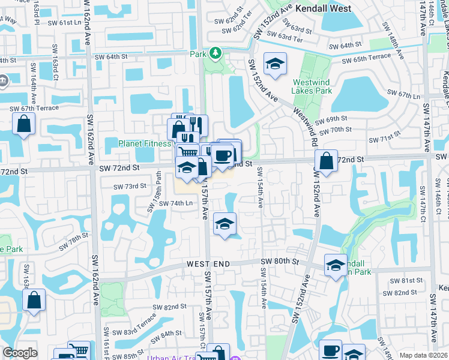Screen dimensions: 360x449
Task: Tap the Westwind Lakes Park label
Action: pyautogui.click(x=312, y=86)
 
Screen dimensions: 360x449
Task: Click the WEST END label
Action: pyautogui.click(x=208, y=264)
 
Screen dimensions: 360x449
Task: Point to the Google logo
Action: pyautogui.click(x=20, y=353)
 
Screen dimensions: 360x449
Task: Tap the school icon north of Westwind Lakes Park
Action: pyautogui.click(x=275, y=64)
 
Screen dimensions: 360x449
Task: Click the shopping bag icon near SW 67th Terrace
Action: pyautogui.click(x=23, y=124)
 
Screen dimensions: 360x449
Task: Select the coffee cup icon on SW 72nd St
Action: pyautogui.click(x=222, y=155)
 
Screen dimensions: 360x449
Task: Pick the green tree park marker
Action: pyautogui.click(x=215, y=53)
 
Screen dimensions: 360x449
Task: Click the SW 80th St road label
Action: pyautogui.click(x=280, y=261)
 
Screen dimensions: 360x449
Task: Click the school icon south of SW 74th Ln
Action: pyautogui.click(x=224, y=224)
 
